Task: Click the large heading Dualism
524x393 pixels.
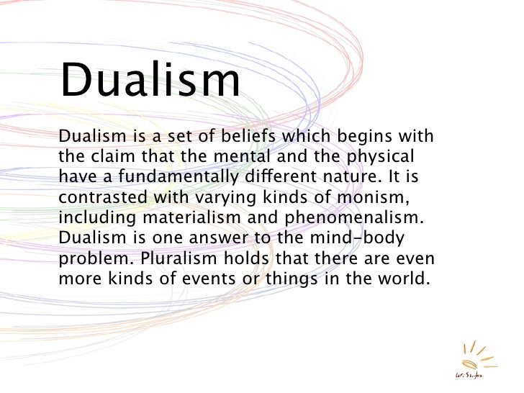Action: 150,82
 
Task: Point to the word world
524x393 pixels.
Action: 406,277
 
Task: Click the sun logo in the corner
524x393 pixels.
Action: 468,360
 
